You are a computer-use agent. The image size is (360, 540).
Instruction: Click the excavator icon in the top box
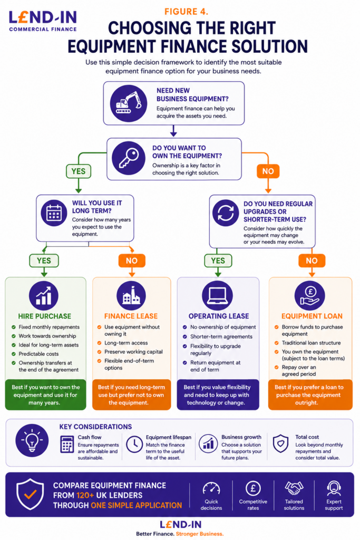(x=129, y=103)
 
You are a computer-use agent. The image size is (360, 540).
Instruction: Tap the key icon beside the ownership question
(x=129, y=158)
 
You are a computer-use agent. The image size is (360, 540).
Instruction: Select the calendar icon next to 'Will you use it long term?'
(x=54, y=213)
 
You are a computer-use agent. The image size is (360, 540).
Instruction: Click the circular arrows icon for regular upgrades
(x=226, y=213)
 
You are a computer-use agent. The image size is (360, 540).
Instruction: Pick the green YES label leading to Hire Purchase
(x=44, y=261)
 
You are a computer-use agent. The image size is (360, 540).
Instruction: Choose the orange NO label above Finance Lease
(x=132, y=261)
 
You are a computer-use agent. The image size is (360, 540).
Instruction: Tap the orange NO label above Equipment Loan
(x=312, y=261)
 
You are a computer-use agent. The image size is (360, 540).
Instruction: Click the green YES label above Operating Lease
(x=218, y=261)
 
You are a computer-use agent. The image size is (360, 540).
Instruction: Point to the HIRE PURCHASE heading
(x=45, y=316)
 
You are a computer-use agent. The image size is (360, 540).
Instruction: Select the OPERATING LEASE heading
(x=219, y=316)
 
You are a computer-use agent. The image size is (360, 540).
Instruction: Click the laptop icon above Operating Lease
(x=218, y=295)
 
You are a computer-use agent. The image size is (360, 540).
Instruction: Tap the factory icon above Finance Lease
(x=131, y=295)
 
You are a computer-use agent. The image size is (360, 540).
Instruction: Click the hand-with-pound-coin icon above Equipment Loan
(x=310, y=295)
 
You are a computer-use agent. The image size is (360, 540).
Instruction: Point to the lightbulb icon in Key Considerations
(x=32, y=441)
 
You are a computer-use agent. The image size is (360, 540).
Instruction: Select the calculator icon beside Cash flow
(x=67, y=444)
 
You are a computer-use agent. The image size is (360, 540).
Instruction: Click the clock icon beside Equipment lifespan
(x=134, y=444)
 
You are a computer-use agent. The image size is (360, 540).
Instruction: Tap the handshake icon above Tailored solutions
(x=294, y=488)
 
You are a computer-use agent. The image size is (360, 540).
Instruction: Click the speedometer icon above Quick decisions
(x=211, y=488)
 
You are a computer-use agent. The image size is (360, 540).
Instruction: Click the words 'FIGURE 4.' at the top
(x=186, y=12)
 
